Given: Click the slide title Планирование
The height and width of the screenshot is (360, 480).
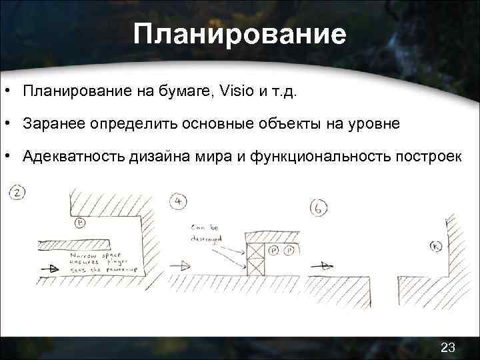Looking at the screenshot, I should [x=239, y=34].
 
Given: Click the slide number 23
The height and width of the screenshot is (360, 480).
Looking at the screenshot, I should [x=448, y=346].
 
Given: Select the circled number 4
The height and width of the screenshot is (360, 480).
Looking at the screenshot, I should [x=178, y=202].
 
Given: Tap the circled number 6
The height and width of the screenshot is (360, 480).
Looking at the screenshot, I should [x=319, y=208].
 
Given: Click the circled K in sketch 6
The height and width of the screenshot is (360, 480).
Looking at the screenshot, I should [x=437, y=246].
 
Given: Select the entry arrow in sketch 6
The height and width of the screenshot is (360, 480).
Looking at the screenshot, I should [x=324, y=265].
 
